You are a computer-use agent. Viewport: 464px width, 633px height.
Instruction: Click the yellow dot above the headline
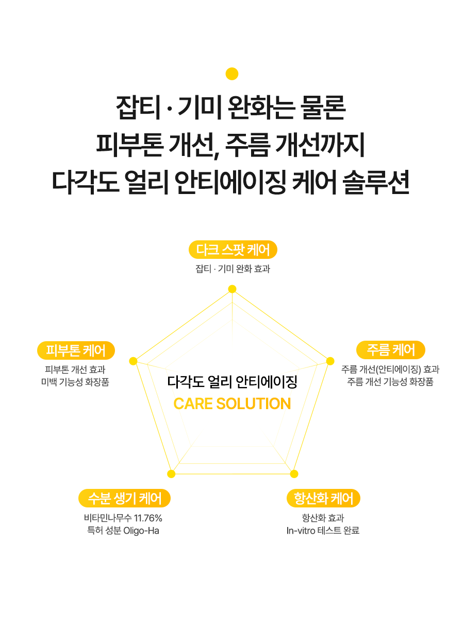(232, 74)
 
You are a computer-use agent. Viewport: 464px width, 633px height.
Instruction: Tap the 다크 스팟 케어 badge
(233, 250)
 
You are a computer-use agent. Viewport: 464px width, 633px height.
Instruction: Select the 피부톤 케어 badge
(76, 350)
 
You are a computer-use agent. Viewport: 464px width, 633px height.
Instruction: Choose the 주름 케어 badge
(391, 350)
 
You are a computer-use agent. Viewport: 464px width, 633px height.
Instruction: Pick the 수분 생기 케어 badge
(124, 498)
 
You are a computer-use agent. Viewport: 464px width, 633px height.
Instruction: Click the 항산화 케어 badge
(323, 498)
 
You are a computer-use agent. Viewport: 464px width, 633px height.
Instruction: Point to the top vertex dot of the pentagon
(232, 289)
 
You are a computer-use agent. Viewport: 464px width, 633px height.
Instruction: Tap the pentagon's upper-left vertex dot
(133, 361)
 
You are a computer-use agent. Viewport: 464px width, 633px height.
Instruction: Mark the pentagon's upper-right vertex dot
(330, 361)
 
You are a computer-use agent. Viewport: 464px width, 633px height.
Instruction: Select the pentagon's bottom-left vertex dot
(171, 474)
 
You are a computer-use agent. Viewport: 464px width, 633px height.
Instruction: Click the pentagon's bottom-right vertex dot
(294, 474)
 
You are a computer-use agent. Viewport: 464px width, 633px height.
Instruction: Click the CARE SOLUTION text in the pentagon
(232, 403)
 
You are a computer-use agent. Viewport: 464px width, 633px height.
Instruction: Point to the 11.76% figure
(148, 518)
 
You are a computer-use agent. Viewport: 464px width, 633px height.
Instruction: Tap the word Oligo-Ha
(141, 531)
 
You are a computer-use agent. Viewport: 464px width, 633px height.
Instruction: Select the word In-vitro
(301, 531)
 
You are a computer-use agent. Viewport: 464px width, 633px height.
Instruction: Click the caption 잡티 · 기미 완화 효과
(233, 269)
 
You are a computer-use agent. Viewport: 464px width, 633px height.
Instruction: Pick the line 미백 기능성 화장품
(75, 382)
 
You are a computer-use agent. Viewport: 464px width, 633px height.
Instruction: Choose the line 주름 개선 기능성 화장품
(390, 382)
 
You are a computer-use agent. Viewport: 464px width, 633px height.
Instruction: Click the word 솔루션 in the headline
(376, 182)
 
